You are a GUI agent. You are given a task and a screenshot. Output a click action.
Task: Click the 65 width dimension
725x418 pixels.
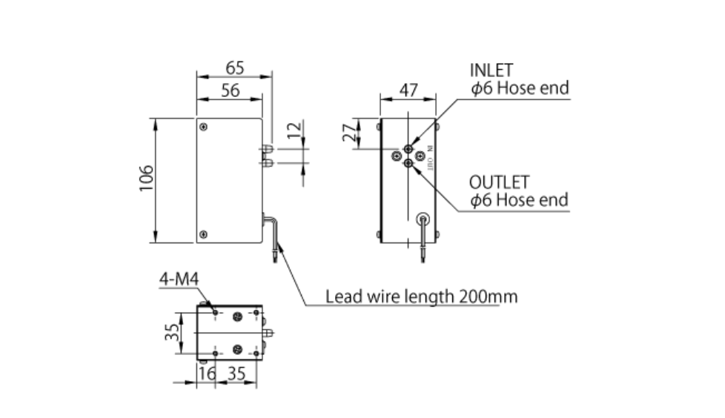[x=234, y=67]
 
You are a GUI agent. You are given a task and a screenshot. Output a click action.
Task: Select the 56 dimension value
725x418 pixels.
[x=230, y=90]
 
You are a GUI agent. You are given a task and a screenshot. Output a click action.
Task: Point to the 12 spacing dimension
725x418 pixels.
[x=294, y=131]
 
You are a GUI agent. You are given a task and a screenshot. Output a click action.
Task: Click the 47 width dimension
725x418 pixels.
[x=408, y=90]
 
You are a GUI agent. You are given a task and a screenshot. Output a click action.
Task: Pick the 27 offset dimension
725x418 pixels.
[x=348, y=133]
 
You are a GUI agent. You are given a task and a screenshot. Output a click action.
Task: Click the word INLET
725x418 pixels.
[x=491, y=70]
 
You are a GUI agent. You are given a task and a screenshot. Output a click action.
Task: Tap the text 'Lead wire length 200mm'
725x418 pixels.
[x=421, y=297]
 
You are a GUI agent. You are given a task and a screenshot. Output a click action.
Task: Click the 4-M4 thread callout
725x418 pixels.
[x=179, y=279]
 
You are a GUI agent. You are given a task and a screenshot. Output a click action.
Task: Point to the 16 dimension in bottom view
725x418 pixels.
[x=208, y=373]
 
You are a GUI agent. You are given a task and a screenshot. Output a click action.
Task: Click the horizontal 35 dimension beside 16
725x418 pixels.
[x=236, y=373]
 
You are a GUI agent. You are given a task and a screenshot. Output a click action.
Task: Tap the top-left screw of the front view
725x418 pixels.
[x=204, y=127]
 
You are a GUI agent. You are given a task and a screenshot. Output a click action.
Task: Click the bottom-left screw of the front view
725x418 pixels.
[x=204, y=234]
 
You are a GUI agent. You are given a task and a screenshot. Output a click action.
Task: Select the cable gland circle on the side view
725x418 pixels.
[x=423, y=219]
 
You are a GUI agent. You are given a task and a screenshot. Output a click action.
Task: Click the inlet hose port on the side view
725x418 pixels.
[x=408, y=149]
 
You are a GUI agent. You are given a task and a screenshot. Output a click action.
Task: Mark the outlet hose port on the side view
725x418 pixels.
[x=408, y=162]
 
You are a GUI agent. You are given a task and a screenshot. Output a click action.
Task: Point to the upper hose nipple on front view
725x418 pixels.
[x=267, y=149]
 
